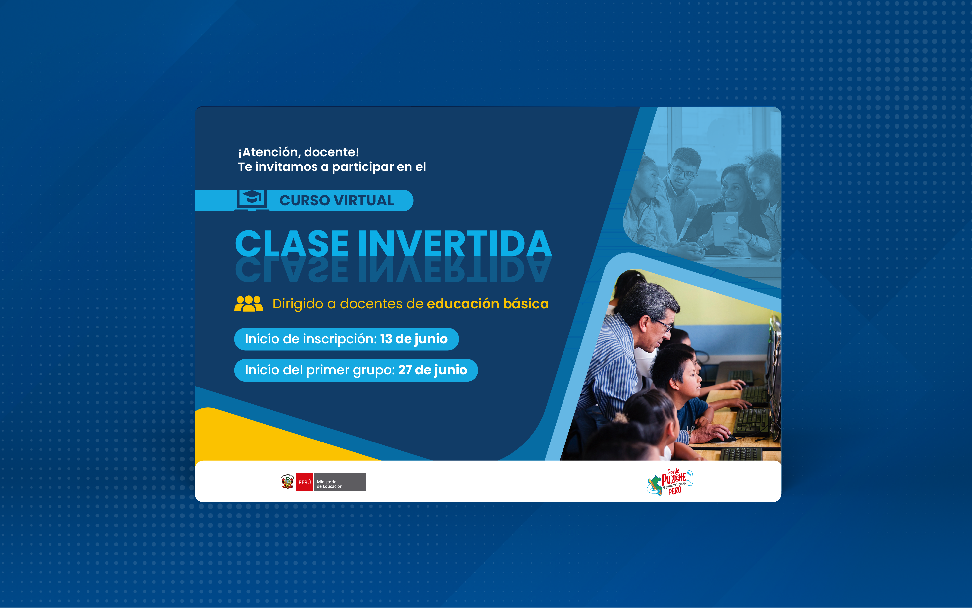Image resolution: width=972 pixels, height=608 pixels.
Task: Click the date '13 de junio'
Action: coord(414,339)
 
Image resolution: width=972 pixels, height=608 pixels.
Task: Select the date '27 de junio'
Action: coord(433,370)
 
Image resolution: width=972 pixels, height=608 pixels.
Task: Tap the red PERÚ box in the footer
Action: coord(305,482)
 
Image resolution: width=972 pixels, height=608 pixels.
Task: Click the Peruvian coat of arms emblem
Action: coord(287,482)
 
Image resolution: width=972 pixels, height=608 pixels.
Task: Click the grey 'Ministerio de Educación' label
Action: coord(340,482)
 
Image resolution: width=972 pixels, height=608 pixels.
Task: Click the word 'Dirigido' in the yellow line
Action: coord(298,304)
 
